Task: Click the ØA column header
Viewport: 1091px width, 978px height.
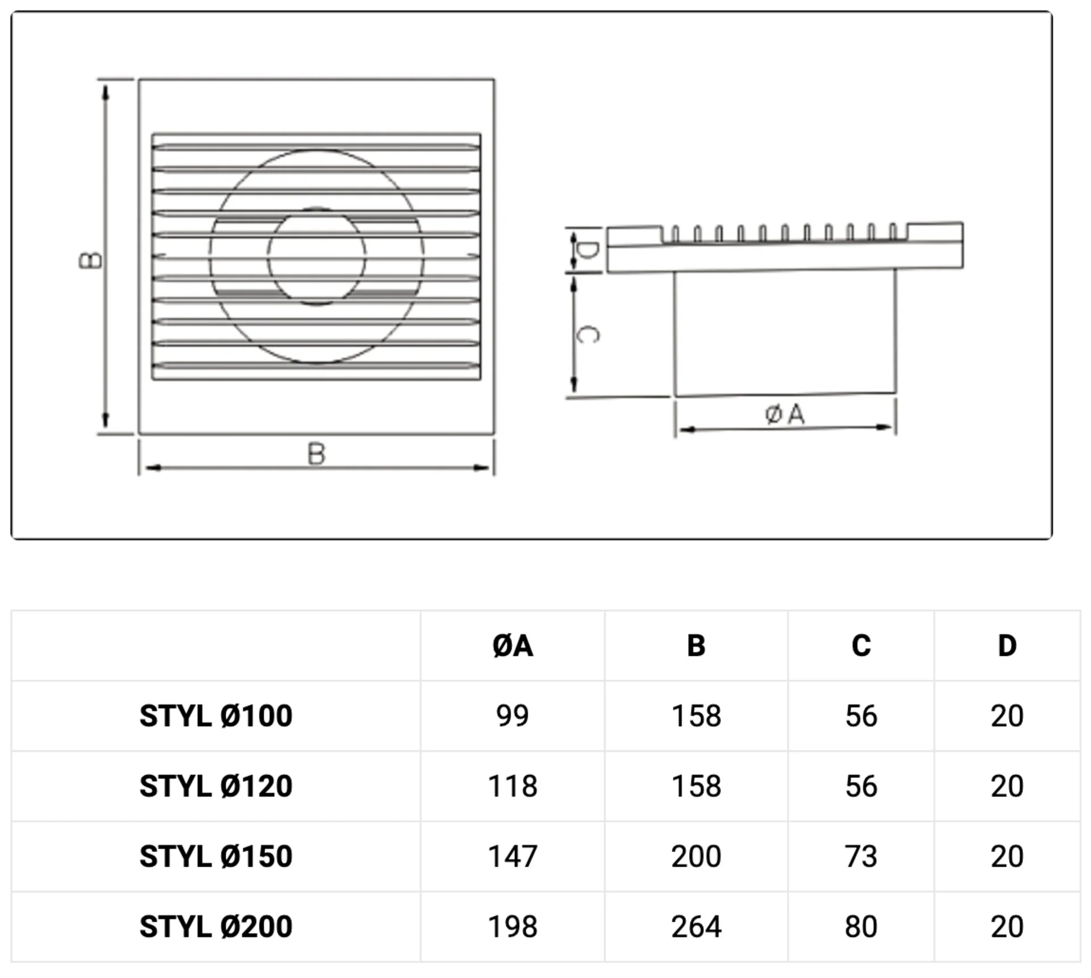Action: (513, 646)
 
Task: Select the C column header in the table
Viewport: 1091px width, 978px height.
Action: (861, 646)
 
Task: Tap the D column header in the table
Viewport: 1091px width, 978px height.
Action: (1007, 646)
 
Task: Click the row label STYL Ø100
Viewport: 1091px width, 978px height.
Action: (216, 716)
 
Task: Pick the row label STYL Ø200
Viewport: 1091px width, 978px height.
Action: (216, 927)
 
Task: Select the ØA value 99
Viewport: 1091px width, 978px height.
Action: (513, 716)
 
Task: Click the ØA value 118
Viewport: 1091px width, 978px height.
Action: (513, 786)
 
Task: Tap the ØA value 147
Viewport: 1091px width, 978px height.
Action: (513, 856)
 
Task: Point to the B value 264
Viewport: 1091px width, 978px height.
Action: (696, 927)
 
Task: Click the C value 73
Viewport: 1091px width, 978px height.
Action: (861, 856)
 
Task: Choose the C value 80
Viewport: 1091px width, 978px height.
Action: (861, 927)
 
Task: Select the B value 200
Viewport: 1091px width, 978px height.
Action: (696, 856)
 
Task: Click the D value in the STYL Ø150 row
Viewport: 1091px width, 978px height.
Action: (1007, 856)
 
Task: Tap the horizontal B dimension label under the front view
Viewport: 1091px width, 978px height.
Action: (317, 454)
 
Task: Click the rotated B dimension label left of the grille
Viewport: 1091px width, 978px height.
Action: (90, 260)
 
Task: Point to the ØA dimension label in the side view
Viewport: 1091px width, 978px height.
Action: (785, 414)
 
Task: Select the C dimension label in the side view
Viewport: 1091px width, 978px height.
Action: (587, 334)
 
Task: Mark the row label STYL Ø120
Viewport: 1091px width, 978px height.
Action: (216, 786)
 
